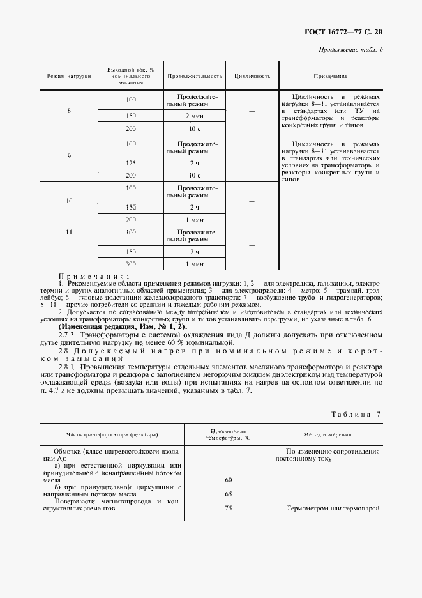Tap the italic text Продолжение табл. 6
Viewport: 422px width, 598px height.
click(x=350, y=50)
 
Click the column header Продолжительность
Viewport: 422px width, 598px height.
click(x=195, y=76)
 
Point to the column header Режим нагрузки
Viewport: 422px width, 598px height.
click(x=69, y=76)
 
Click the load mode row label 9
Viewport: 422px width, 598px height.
click(x=69, y=156)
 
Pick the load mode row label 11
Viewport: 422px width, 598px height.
click(x=69, y=232)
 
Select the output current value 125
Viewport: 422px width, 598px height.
click(x=131, y=164)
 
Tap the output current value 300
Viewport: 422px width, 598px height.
click(x=131, y=264)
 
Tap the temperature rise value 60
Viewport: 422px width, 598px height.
click(x=228, y=479)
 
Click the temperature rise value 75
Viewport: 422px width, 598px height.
click(x=228, y=509)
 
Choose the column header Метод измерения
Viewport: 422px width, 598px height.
click(x=327, y=435)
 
